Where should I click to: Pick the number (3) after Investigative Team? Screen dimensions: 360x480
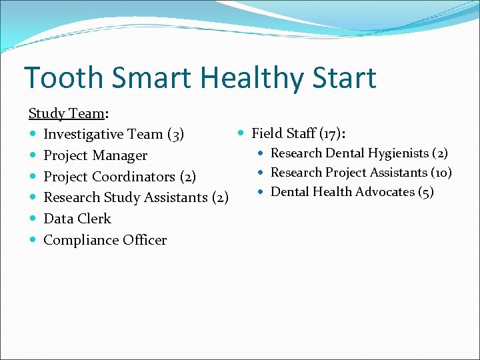[175, 135]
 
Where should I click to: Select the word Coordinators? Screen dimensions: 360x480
[133, 177]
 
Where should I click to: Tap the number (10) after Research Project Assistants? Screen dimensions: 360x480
[441, 173]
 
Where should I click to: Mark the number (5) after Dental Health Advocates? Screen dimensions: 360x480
[425, 192]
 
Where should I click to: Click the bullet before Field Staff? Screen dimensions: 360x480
[241, 133]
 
